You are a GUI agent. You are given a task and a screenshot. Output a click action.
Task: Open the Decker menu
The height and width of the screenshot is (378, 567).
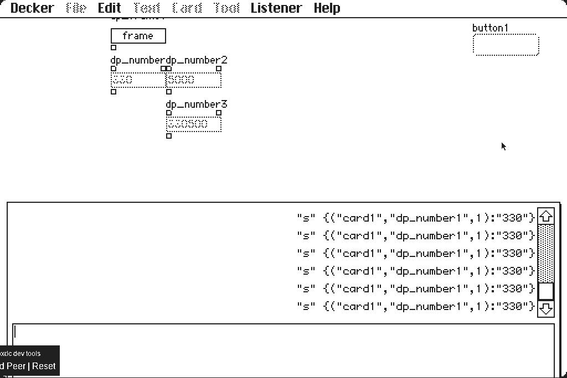32,8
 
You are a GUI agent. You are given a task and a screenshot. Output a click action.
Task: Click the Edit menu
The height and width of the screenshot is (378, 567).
109,8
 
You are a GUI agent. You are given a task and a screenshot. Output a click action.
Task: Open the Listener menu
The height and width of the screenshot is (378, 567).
276,8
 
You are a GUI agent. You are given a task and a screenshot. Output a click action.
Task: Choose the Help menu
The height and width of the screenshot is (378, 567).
327,8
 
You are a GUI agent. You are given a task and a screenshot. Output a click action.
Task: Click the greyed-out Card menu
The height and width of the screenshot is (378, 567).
187,8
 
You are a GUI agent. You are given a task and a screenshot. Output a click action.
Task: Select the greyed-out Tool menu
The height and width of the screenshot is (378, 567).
226,8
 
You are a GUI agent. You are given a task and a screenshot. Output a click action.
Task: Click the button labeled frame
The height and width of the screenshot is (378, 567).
138,36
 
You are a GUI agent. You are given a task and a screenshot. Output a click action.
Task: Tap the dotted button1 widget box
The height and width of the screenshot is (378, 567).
506,45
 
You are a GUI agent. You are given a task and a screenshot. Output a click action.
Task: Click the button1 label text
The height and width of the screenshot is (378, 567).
489,28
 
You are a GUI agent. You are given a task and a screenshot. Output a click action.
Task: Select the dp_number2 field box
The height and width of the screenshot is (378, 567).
194,80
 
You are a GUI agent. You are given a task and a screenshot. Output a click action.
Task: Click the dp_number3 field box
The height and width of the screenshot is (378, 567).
194,124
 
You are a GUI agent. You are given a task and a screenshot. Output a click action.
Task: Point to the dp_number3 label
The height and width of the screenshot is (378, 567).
197,104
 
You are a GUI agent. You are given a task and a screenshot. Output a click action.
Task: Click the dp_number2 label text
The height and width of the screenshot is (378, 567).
197,60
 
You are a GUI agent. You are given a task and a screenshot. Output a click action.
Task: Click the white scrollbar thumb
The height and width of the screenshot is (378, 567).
546,291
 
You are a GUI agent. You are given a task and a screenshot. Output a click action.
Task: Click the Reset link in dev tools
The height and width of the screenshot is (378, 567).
44,366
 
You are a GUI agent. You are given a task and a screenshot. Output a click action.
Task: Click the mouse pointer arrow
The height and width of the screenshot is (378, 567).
503,146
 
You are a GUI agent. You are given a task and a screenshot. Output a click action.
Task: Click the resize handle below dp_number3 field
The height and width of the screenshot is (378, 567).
169,136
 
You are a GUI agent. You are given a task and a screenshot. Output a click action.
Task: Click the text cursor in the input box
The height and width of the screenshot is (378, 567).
16,332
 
